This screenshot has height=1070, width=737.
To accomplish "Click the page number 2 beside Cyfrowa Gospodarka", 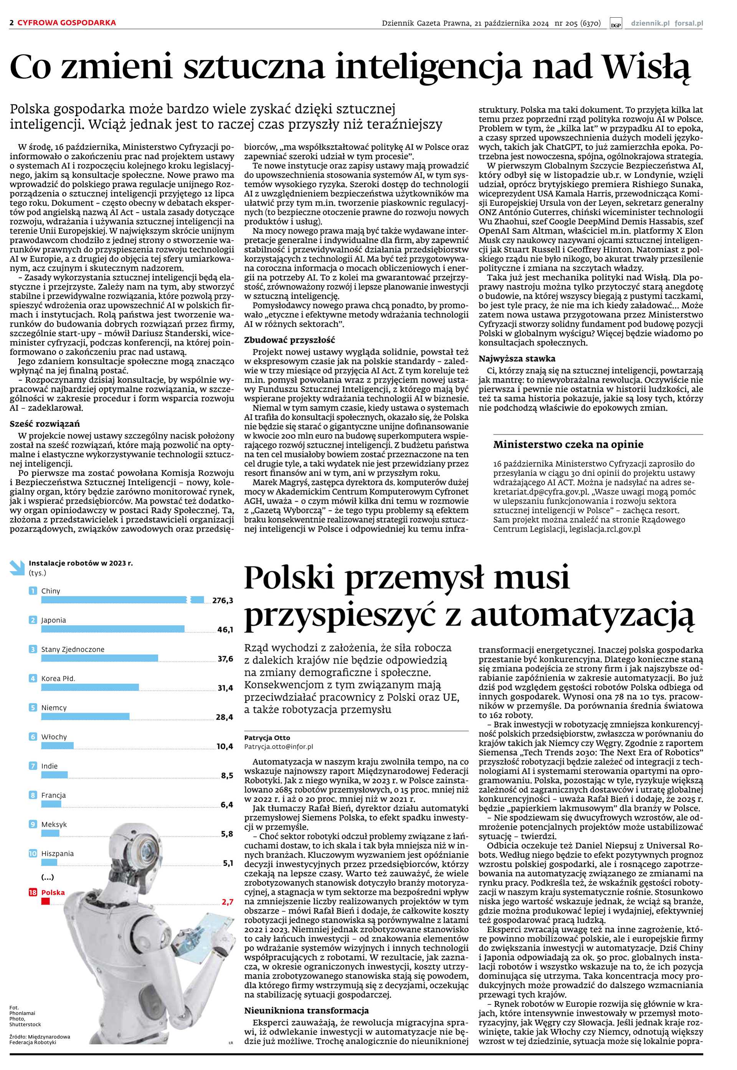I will coord(12,23).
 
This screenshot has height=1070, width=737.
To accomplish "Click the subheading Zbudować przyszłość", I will coord(289,340).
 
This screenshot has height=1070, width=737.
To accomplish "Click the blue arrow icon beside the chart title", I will coord(17,567).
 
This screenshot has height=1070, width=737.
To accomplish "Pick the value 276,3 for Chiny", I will coord(223,600).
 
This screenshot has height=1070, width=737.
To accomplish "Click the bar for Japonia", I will coord(113,629).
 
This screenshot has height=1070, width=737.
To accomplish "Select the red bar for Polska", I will coord(45,901).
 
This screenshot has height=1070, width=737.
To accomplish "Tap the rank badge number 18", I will coord(33,892).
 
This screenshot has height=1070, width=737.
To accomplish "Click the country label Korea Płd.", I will coord(58,678).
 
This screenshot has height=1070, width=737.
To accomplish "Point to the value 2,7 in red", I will coord(227,902).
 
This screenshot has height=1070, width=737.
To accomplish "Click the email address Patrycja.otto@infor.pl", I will coord(278,746).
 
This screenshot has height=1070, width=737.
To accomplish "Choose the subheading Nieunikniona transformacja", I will coord(306,1011).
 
